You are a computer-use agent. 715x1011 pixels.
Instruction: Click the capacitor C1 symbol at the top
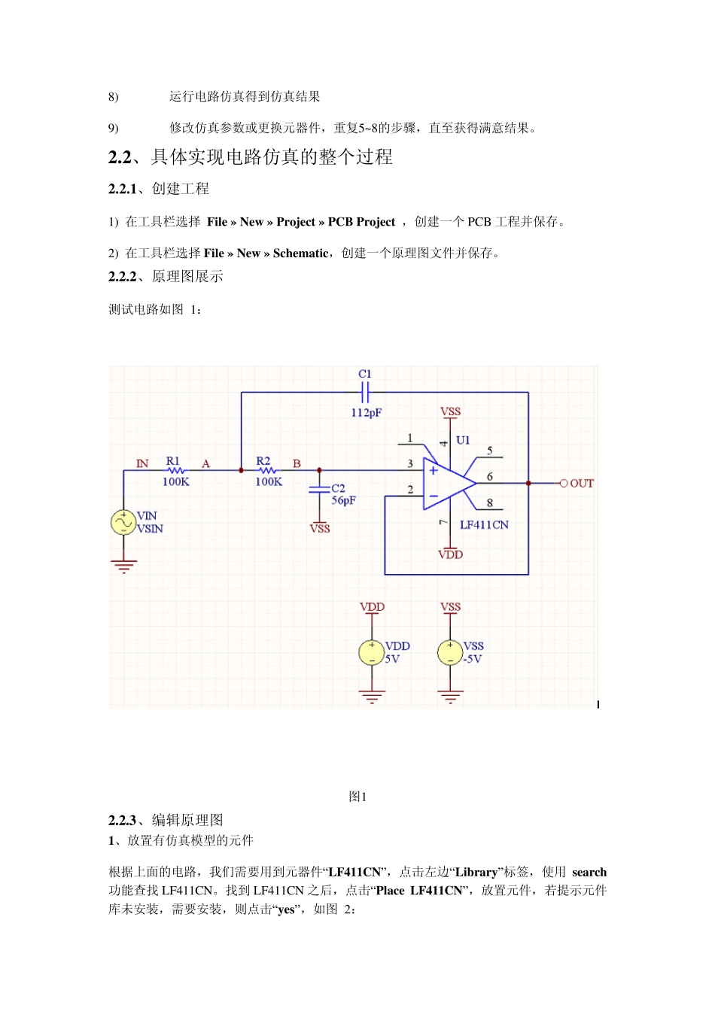(365, 392)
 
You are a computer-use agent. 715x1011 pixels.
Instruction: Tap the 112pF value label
(367, 413)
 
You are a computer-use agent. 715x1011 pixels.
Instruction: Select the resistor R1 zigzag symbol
(175, 471)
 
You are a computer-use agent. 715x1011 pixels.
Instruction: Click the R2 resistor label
(263, 460)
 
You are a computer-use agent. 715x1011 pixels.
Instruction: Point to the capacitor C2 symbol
(319, 490)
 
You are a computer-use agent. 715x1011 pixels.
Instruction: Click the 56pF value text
(344, 501)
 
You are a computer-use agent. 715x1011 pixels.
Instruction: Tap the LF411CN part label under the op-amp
(484, 525)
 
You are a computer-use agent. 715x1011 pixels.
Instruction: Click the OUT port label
(582, 484)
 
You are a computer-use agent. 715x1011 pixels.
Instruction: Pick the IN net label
(142, 463)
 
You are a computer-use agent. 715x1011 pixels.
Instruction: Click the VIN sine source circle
(123, 522)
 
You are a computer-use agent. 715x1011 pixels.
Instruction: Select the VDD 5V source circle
(372, 652)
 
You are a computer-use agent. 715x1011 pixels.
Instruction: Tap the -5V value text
(473, 659)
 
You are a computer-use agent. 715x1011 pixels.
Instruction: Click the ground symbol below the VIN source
(123, 566)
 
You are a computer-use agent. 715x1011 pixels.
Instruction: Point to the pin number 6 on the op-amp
(490, 477)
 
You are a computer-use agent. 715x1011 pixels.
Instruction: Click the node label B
(297, 463)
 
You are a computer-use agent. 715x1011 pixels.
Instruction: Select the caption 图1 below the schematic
(357, 797)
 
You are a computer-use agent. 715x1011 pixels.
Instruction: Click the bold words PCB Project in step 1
(361, 222)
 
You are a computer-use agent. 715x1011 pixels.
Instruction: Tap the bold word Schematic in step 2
(300, 254)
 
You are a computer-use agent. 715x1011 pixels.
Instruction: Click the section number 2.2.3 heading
(122, 820)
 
